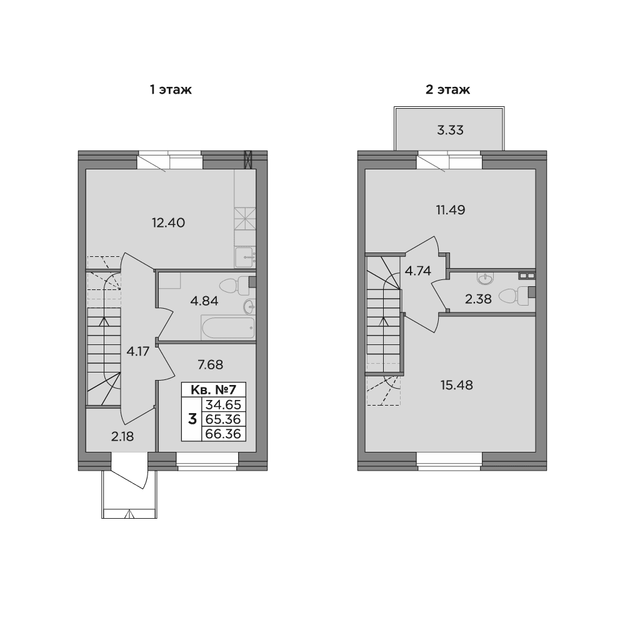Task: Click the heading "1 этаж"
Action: point(171,89)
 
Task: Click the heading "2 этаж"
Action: point(447,89)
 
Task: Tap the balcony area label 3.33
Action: point(450,131)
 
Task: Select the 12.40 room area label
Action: point(168,222)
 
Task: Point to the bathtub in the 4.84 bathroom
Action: point(228,327)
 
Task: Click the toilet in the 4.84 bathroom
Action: point(234,286)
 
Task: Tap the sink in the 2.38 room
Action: point(485,279)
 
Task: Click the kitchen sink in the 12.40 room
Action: point(244,257)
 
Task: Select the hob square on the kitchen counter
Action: point(245,219)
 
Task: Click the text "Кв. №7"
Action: point(214,389)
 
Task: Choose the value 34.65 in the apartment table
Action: point(223,404)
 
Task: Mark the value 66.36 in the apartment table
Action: point(223,434)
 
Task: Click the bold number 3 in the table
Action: point(192,419)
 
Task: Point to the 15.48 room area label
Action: point(457,385)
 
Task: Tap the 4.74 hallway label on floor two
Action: point(417,271)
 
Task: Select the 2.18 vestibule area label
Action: point(122,436)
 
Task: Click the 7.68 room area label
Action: point(211,364)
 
